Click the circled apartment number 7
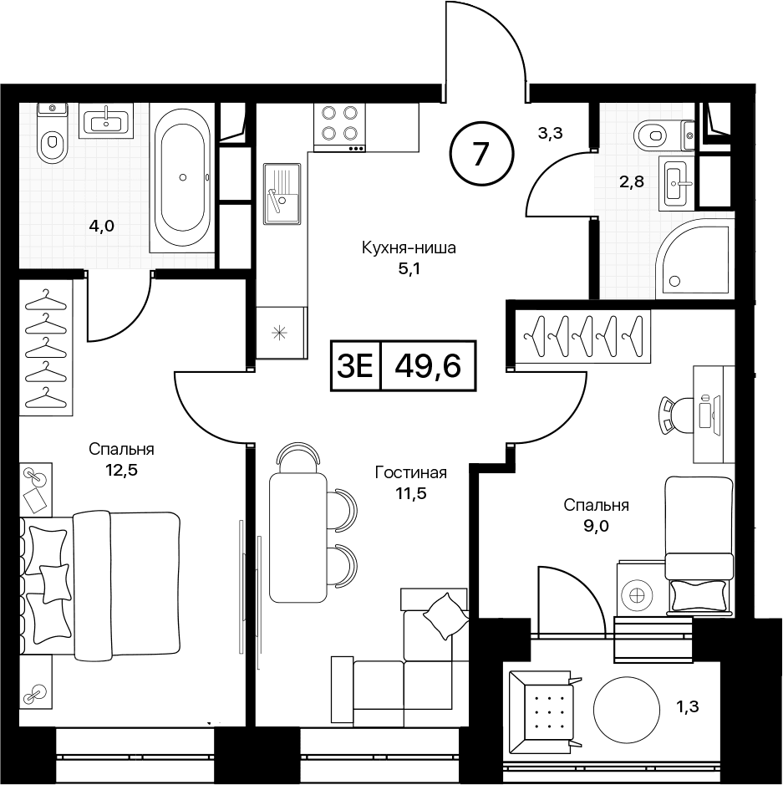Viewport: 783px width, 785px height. coord(480,154)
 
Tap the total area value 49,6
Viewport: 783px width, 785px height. coord(428,366)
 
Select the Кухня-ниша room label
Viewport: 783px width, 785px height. coord(409,247)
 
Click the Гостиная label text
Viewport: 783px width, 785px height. coord(411,472)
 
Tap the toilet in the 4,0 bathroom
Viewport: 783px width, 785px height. coord(52,134)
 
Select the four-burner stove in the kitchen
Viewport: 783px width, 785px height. coord(340,128)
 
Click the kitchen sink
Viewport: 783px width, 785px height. coord(282,194)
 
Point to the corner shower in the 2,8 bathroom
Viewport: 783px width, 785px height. coord(694,257)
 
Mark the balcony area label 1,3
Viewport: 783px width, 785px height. coord(689,707)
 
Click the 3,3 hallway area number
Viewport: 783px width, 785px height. coord(551,133)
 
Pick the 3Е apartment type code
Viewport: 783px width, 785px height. coord(355,366)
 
